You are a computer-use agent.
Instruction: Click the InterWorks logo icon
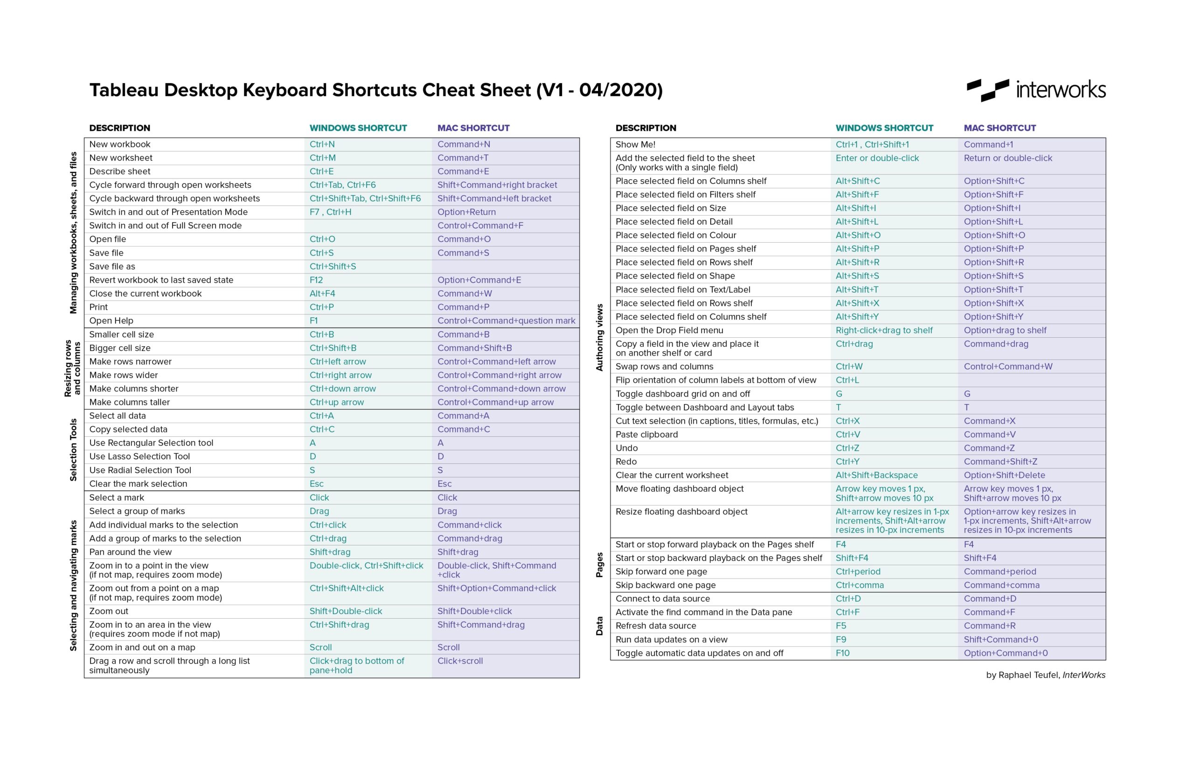(987, 91)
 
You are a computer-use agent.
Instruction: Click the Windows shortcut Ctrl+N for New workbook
(322, 144)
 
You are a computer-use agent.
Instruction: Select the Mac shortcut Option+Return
(466, 212)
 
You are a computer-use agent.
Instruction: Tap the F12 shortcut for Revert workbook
(316, 280)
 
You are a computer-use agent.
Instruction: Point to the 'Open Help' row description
(111, 321)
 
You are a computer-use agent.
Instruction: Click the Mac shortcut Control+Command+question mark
(506, 321)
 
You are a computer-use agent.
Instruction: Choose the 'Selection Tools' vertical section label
(73, 450)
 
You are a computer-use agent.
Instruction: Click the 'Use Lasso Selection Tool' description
(139, 456)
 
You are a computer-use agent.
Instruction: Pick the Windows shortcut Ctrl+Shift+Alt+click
(347, 588)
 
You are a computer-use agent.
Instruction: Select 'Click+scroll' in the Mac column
(460, 661)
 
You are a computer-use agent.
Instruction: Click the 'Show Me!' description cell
(635, 145)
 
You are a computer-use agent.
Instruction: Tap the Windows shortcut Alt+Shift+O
(858, 236)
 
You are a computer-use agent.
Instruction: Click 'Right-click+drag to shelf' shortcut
(883, 330)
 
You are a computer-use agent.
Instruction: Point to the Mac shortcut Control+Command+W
(1007, 367)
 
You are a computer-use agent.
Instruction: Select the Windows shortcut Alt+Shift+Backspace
(876, 475)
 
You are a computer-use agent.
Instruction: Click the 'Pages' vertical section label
(599, 565)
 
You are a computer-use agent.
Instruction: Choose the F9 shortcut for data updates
(840, 640)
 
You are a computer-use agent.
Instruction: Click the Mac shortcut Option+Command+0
(1005, 653)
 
